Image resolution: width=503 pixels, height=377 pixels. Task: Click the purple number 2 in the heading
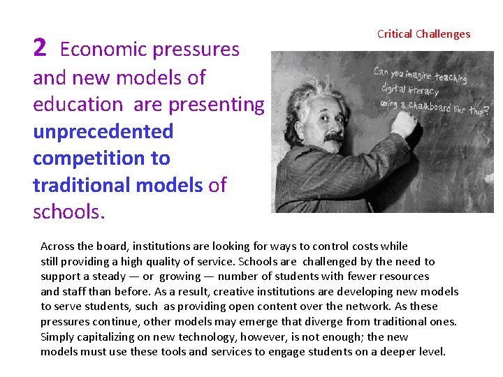coord(40,47)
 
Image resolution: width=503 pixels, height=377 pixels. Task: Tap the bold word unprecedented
coord(103,131)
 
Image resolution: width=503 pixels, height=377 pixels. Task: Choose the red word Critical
coord(394,34)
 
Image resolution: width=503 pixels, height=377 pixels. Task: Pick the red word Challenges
coord(443,34)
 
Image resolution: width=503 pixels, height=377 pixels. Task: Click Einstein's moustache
coord(334,136)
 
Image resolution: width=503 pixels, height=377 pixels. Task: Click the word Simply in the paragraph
coord(58,337)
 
